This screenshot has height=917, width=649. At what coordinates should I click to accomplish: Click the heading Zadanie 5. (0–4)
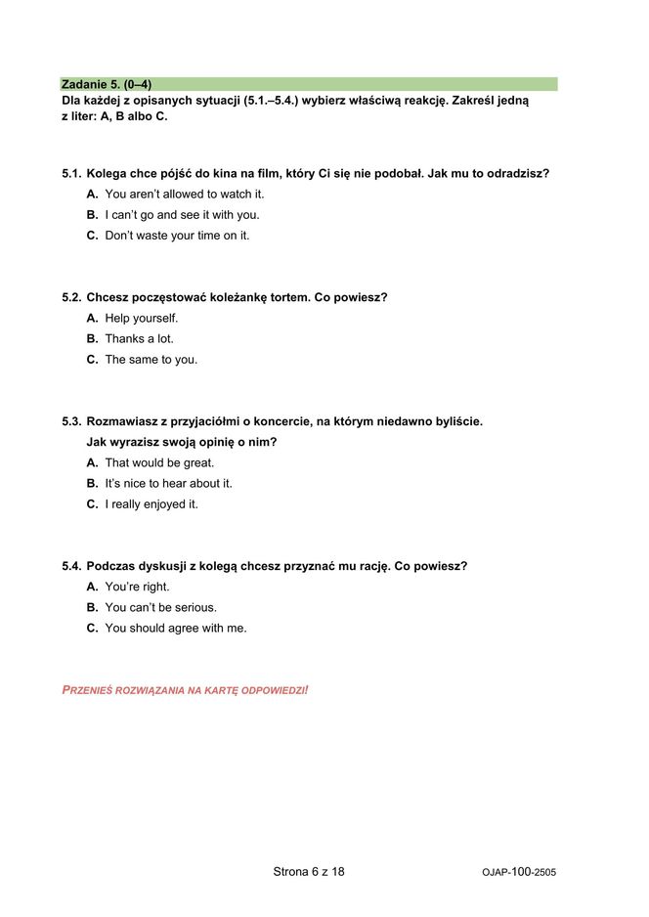click(107, 84)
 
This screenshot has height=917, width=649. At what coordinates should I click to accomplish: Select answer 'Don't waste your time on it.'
click(176, 236)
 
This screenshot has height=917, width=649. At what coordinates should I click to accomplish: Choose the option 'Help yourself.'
click(141, 319)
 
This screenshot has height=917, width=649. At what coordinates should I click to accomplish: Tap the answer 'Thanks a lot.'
click(139, 339)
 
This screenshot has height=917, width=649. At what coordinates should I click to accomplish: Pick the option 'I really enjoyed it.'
click(151, 504)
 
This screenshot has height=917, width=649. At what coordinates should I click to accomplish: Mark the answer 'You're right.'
click(137, 588)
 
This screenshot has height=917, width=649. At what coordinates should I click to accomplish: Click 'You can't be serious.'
click(160, 608)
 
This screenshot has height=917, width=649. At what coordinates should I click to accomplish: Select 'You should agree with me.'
click(175, 629)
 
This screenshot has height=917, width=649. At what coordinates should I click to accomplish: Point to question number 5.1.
click(71, 174)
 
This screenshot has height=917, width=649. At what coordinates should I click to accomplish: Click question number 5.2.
click(71, 298)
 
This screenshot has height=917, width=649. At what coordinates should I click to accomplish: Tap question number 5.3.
click(71, 422)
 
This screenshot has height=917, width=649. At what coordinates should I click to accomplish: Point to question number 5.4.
click(71, 567)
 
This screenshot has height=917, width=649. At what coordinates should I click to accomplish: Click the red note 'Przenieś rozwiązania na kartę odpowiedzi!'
click(185, 690)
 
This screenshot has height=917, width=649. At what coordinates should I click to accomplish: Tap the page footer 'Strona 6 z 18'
click(309, 871)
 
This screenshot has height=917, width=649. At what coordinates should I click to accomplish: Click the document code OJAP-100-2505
click(519, 872)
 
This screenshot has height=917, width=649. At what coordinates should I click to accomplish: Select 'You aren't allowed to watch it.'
click(184, 195)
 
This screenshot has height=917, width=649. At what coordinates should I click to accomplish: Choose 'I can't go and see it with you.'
click(182, 215)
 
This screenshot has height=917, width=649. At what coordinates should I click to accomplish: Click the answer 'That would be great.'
click(158, 463)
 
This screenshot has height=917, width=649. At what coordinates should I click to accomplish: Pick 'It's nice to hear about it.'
click(168, 484)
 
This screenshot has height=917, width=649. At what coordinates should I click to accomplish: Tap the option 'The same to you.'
click(151, 360)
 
